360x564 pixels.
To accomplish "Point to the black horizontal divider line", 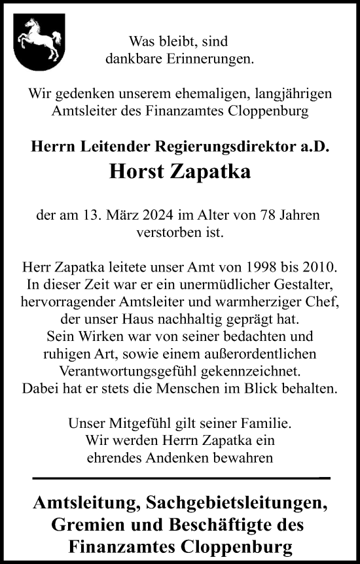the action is pos(179,478).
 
